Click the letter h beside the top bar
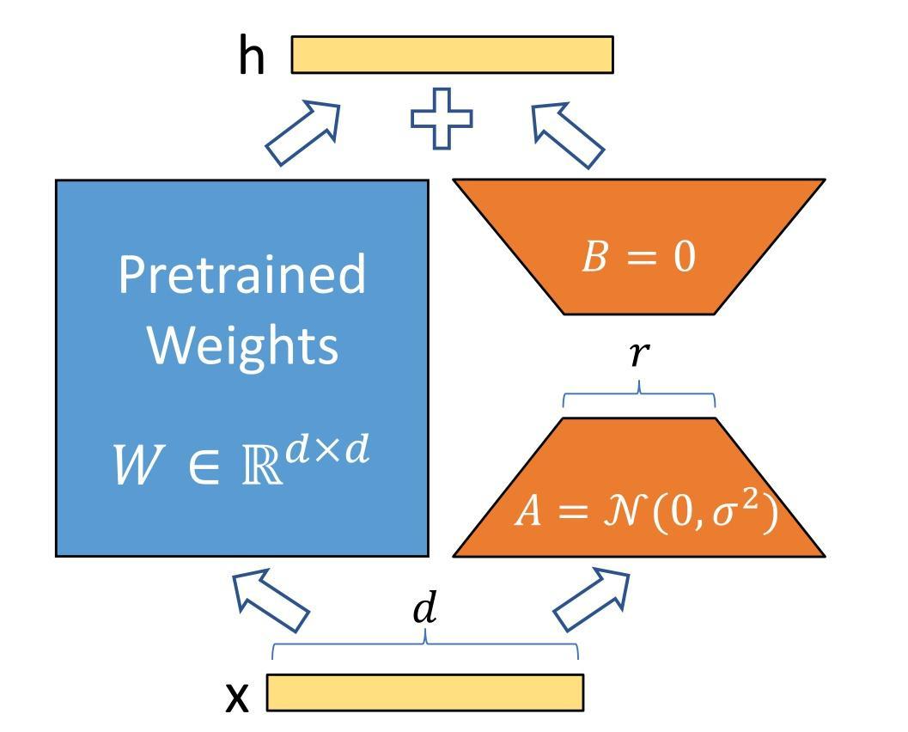(252, 57)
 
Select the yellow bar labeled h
(452, 55)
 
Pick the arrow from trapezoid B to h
(567, 134)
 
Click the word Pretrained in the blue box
(241, 274)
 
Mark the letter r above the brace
(637, 352)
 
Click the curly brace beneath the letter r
(638, 397)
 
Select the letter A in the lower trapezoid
(528, 512)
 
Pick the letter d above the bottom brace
(425, 609)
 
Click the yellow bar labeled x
(425, 692)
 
